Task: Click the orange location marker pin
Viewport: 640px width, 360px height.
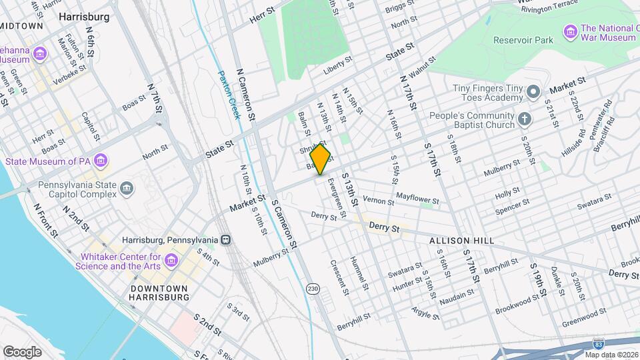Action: [x=321, y=159]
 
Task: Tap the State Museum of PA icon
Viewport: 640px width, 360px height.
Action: [x=101, y=161]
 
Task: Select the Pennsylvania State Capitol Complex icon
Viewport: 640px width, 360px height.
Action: [x=127, y=189]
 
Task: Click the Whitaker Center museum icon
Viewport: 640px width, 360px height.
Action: [x=172, y=261]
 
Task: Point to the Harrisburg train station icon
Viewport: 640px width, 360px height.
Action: [x=227, y=240]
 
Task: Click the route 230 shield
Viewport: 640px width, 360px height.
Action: [x=312, y=289]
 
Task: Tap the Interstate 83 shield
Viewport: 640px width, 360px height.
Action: [x=599, y=343]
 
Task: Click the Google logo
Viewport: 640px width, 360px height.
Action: [x=22, y=351]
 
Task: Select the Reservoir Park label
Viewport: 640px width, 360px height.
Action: [x=523, y=40]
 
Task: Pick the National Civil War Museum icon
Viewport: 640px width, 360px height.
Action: [x=570, y=31]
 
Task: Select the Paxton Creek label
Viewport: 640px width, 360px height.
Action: [x=229, y=93]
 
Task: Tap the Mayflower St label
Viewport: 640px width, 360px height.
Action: [x=417, y=197]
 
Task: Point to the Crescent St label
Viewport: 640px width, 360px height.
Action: [x=339, y=277]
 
